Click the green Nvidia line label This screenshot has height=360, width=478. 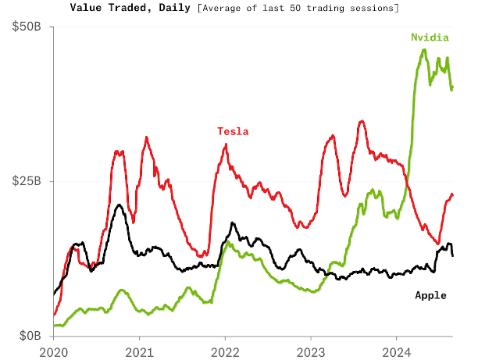(430, 37)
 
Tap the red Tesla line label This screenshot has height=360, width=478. (233, 131)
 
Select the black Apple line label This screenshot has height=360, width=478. (430, 295)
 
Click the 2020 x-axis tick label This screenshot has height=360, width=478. (54, 351)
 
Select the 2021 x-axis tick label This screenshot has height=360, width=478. (139, 351)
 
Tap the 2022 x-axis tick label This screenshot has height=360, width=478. (225, 351)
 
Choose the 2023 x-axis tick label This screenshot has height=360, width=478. (311, 351)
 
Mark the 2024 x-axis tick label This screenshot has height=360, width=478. (397, 351)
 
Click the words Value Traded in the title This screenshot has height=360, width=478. (106, 8)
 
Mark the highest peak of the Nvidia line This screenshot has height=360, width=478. (424, 50)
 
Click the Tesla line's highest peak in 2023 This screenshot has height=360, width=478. (361, 121)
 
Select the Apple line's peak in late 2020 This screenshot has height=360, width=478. (118, 205)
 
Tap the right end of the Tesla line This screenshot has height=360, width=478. (452, 195)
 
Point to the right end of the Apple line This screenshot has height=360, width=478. (453, 255)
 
